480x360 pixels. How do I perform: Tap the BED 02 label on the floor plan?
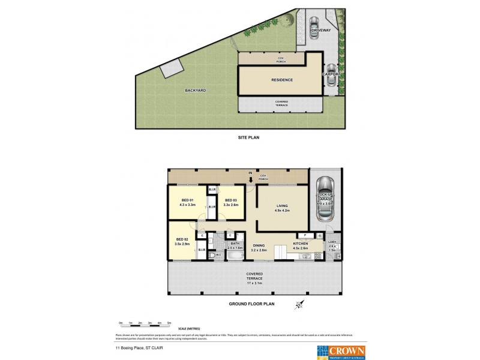click(x=182, y=239)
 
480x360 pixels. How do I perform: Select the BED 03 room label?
click(x=232, y=200)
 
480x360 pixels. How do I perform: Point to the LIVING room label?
click(x=282, y=205)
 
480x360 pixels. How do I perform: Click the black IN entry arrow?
click(x=251, y=178)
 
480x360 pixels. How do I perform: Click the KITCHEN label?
click(x=300, y=244)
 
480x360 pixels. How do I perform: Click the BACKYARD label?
click(x=195, y=91)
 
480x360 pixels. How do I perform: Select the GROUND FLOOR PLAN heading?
click(x=251, y=304)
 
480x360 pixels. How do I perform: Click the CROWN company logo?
click(x=338, y=350)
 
